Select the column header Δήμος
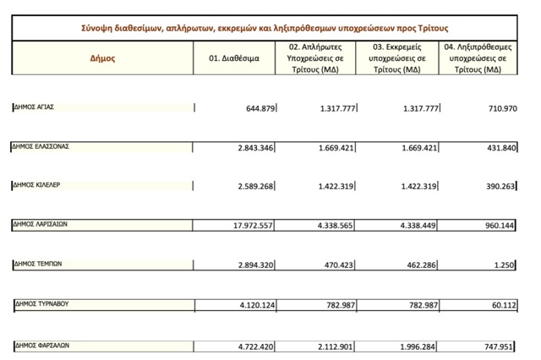[x=102, y=59]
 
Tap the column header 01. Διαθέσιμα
[x=239, y=59]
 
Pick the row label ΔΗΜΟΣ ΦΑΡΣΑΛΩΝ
[x=46, y=344]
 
